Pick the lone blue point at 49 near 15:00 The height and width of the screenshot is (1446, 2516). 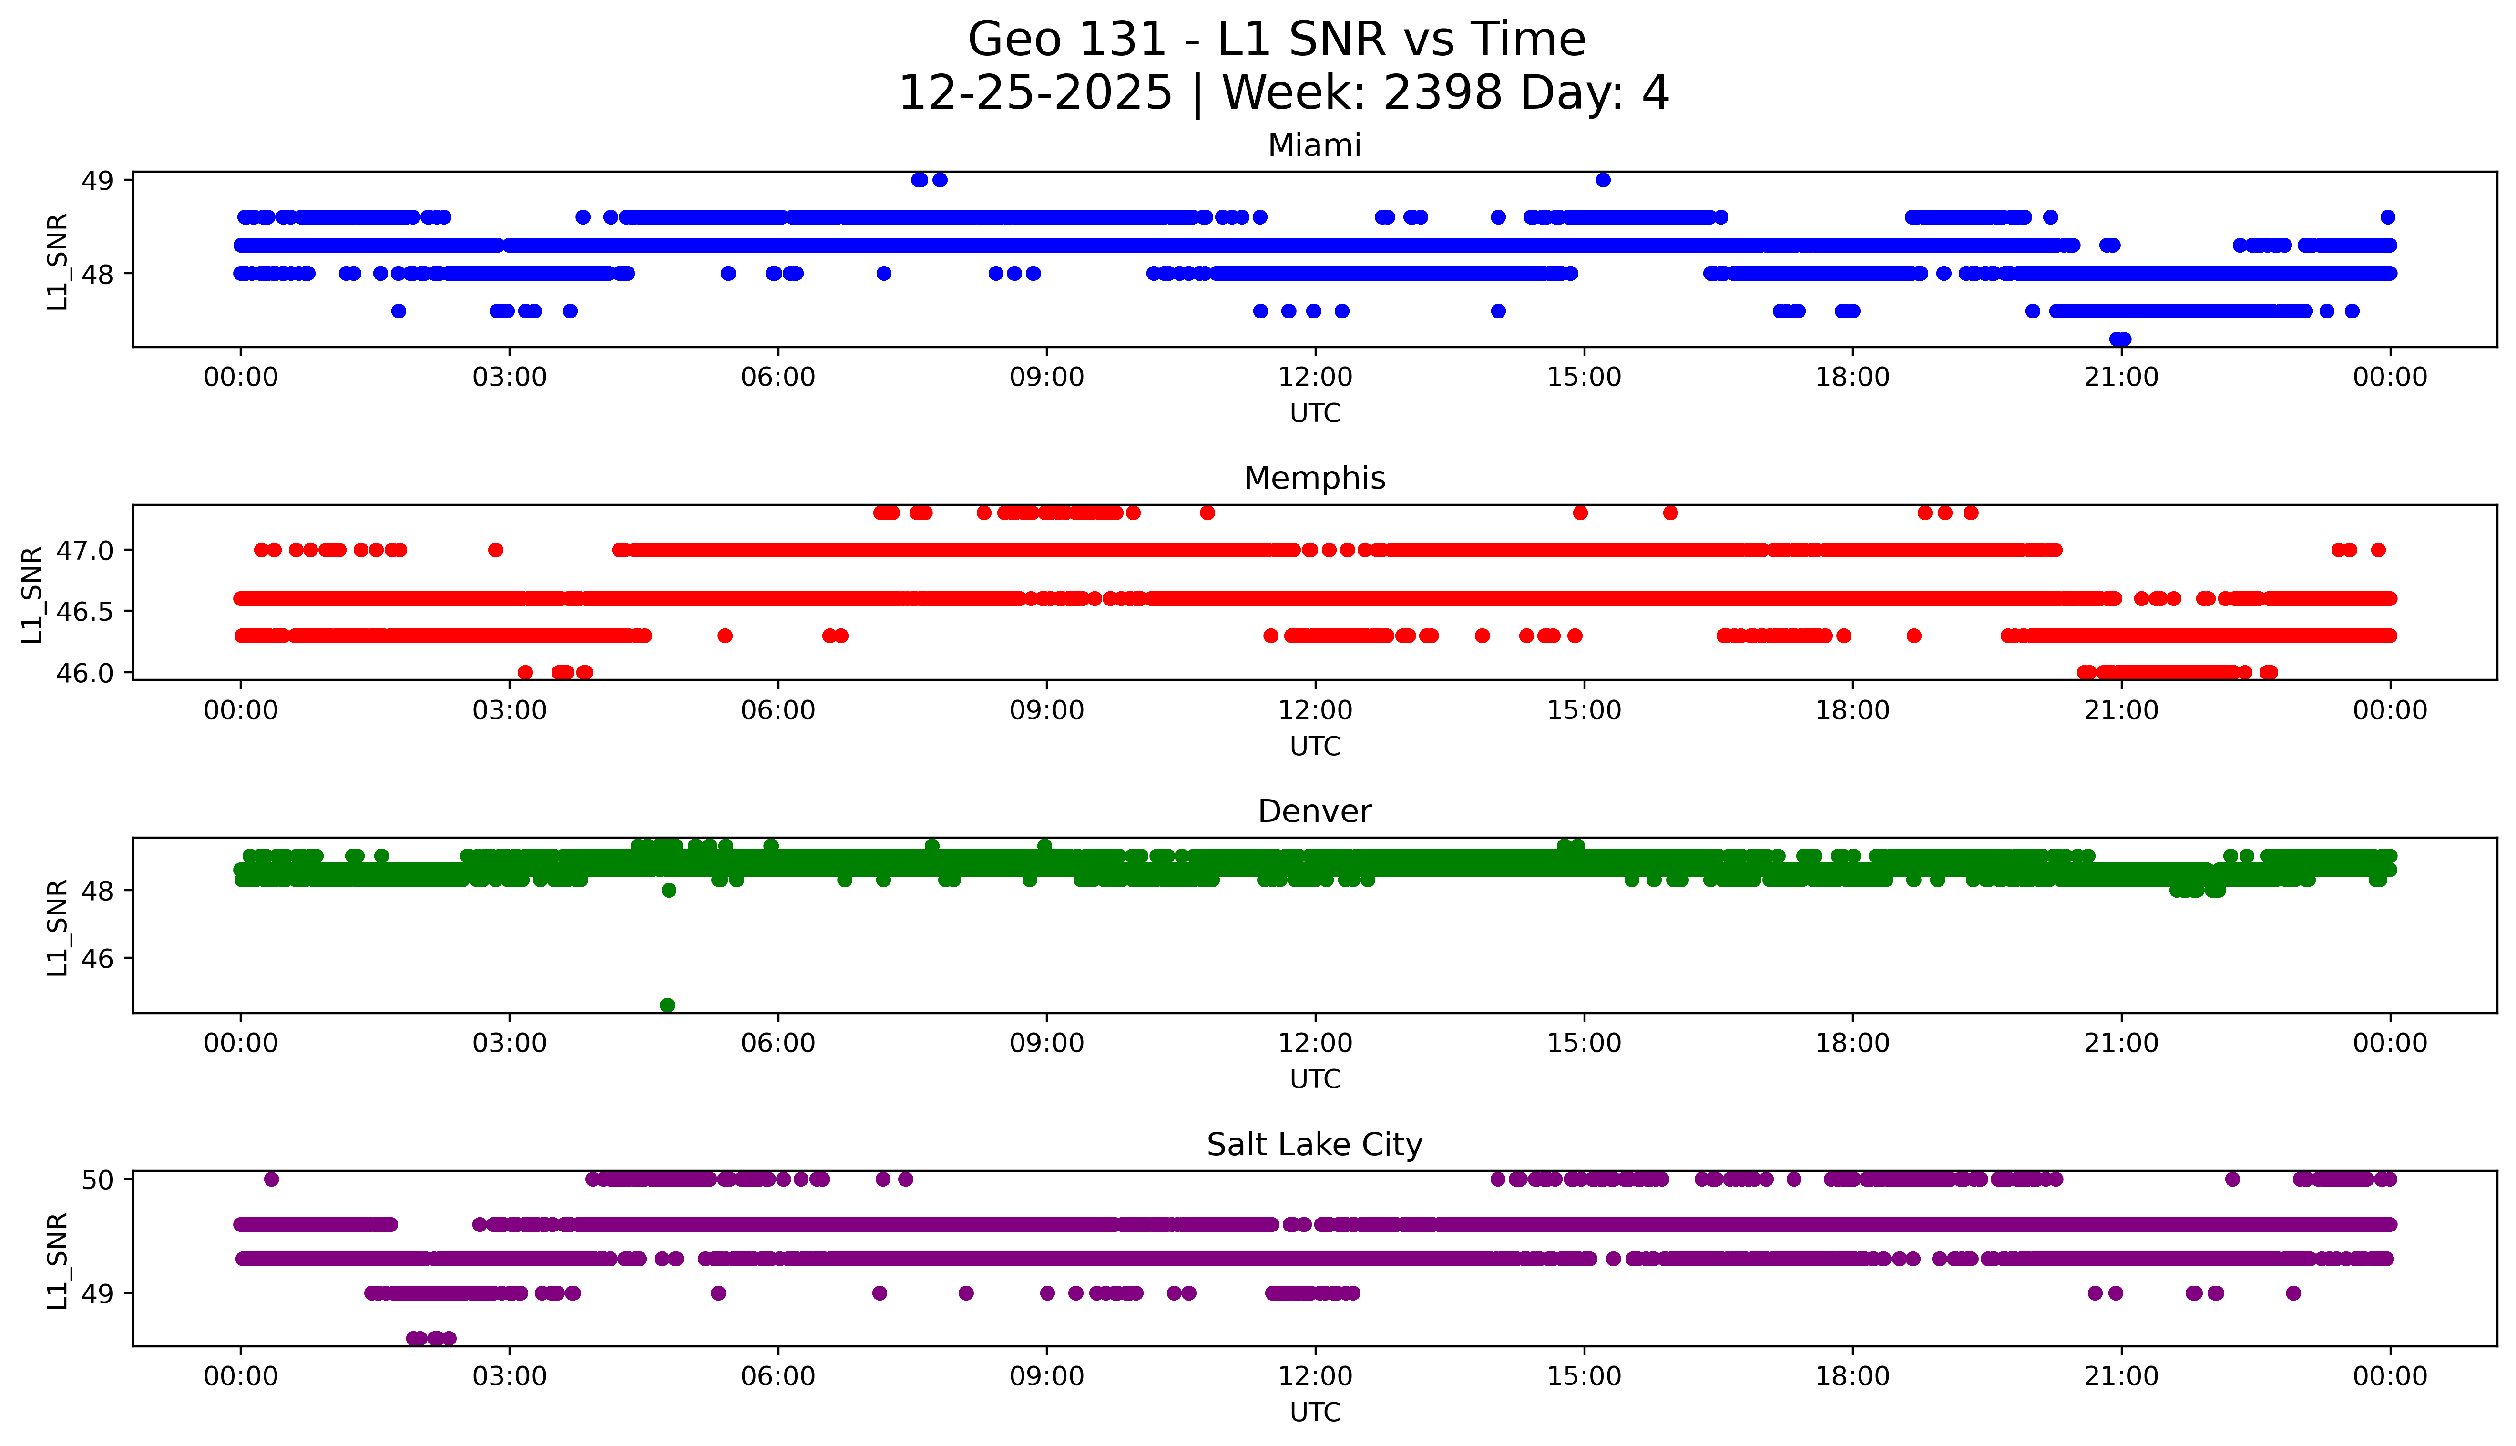coord(1603,180)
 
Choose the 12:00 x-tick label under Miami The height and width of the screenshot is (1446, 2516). coord(1315,378)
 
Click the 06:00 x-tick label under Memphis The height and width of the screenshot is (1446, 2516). coord(777,710)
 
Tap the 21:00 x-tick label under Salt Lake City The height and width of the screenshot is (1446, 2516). coord(2121,1376)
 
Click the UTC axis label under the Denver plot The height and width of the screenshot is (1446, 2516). coord(1315,1078)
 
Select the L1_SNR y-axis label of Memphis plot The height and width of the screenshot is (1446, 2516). coord(32,594)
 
